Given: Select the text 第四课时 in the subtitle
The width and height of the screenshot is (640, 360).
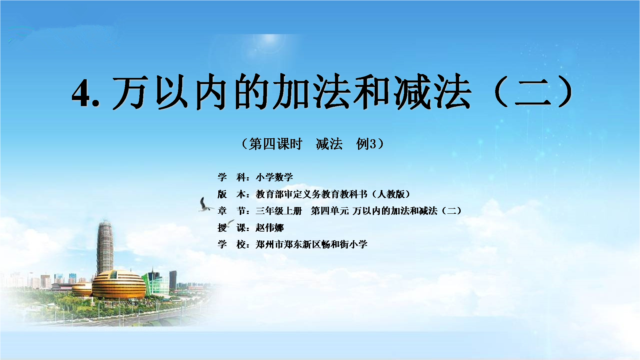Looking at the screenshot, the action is click(x=276, y=144).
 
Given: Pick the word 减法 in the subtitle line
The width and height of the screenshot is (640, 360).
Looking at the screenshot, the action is click(x=329, y=144).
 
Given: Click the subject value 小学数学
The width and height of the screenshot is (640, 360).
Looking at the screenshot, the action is click(x=274, y=177).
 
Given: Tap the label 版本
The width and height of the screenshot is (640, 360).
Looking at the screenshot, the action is click(x=231, y=194).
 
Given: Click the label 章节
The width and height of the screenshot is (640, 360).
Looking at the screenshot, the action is click(x=231, y=211).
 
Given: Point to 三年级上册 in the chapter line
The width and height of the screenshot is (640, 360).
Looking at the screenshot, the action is click(x=279, y=211).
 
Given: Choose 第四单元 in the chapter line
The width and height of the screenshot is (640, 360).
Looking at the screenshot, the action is click(x=330, y=211).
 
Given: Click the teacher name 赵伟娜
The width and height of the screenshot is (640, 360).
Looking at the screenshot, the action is click(x=269, y=228).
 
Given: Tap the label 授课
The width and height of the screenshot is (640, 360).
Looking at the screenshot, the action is click(x=231, y=228).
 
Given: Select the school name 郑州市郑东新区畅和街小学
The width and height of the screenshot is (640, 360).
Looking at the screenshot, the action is click(x=312, y=245).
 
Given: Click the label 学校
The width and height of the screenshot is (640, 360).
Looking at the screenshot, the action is click(x=231, y=245).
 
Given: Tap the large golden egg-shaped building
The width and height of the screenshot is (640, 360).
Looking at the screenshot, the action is click(x=119, y=284).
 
